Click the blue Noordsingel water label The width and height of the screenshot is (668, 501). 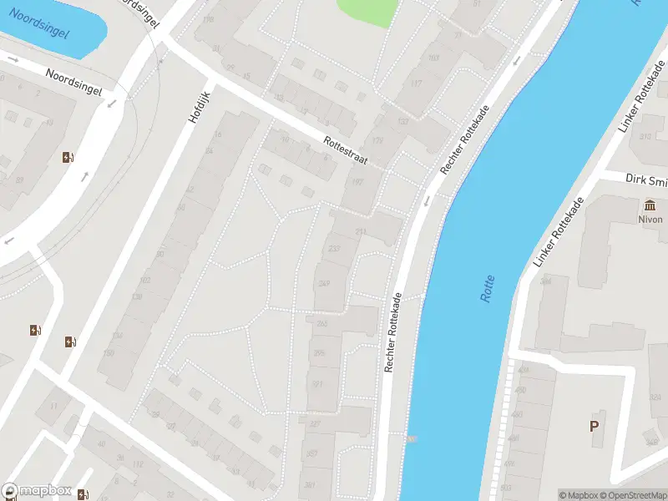click(x=39, y=24)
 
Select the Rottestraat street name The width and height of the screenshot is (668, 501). click(x=346, y=151)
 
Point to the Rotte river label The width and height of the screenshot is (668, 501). click(x=488, y=288)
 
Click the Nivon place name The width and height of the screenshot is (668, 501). click(x=650, y=220)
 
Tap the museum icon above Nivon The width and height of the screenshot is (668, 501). click(x=650, y=205)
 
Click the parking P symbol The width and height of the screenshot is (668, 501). click(x=595, y=426)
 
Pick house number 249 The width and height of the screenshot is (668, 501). click(x=324, y=284)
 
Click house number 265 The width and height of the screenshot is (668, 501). click(x=321, y=323)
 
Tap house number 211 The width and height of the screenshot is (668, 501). click(x=361, y=231)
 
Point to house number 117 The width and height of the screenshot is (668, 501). click(x=416, y=83)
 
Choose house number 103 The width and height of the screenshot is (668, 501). click(x=433, y=58)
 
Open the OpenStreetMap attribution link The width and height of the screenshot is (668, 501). click(x=631, y=495)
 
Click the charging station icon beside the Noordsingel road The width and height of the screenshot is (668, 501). click(x=68, y=157)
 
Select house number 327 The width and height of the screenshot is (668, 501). click(x=315, y=424)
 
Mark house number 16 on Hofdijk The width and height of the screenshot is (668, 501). click(x=218, y=134)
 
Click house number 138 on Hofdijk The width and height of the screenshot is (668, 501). click(x=137, y=297)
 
